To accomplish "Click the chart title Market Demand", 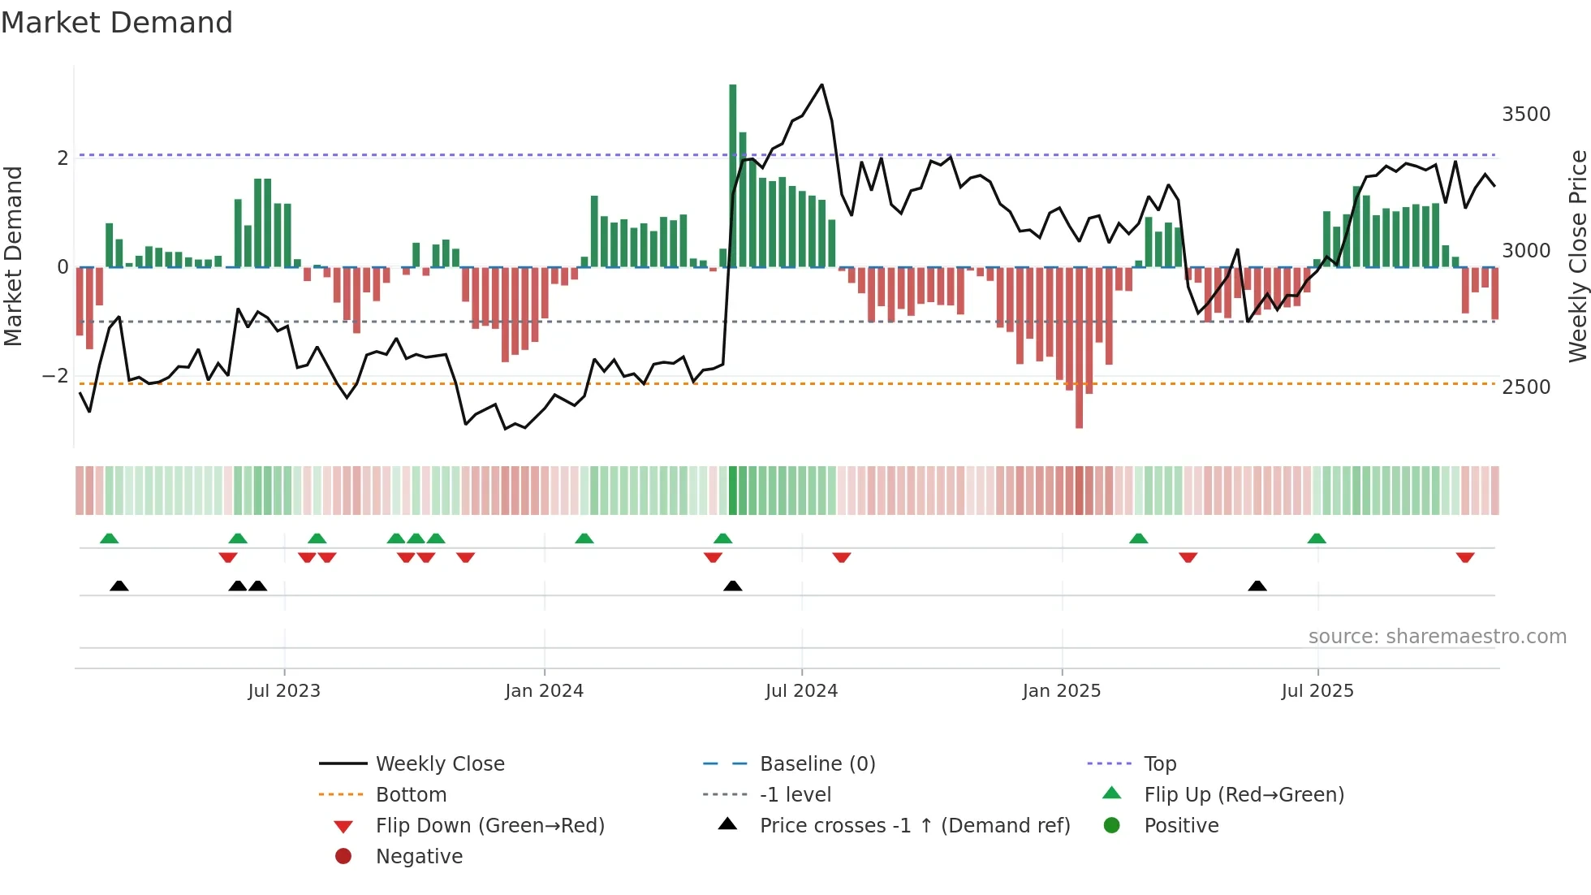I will point(117,23).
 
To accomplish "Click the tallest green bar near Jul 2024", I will point(732,175).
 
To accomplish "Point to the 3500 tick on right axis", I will point(1525,115).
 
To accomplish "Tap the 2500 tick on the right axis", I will point(1525,387).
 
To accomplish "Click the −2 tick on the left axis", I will point(55,376).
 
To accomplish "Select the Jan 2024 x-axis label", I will point(544,691).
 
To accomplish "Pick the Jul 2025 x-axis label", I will point(1317,691).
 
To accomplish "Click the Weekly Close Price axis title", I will point(1577,256).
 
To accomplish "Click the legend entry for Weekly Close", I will point(439,764).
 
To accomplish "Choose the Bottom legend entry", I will point(411,795).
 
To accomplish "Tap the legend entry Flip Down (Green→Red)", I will point(489,826).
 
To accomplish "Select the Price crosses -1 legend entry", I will point(915,826).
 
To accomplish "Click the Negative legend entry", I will point(419,857).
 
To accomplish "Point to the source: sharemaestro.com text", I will point(1437,637).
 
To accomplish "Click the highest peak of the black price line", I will point(821,84).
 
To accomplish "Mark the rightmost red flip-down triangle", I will point(1464,557).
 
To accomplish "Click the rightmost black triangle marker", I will point(1257,586).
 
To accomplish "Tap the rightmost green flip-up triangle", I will point(1317,538).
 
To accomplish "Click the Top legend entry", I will point(1159,764).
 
